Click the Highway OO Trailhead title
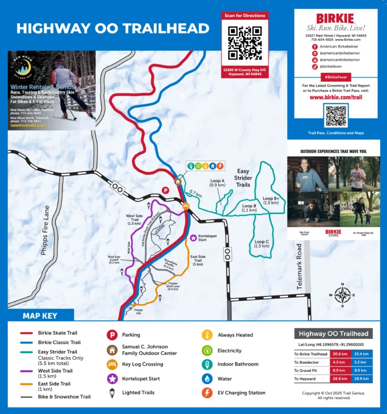click(113, 28)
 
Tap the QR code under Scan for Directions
click(244, 43)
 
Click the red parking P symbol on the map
click(165, 190)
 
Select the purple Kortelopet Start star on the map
click(193, 238)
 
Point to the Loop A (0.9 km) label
click(217, 183)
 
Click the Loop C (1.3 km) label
click(262, 243)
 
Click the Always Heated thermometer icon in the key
click(207, 335)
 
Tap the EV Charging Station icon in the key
click(207, 393)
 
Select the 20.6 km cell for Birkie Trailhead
click(339, 354)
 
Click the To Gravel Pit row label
click(308, 370)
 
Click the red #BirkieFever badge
click(336, 77)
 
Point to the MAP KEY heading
click(39, 316)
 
